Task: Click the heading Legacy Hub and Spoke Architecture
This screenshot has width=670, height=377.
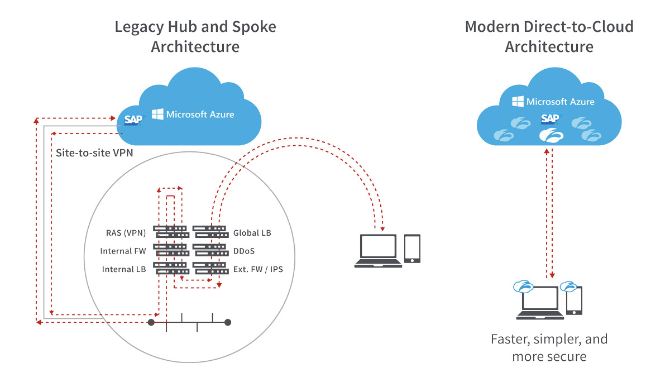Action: (x=195, y=36)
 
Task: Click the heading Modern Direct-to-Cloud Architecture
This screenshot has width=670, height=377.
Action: (x=549, y=36)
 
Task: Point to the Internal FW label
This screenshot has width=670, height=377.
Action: (x=123, y=251)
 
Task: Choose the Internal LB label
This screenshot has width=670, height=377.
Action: (x=124, y=269)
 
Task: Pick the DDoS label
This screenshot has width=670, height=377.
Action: (x=244, y=251)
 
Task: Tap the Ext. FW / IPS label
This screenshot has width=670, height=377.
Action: (x=259, y=269)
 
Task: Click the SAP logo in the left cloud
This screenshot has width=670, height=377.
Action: (x=133, y=118)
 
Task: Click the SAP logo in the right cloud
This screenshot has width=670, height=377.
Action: (x=550, y=118)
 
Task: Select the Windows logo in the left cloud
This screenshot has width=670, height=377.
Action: (x=157, y=114)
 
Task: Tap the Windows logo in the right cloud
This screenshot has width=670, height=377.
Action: (x=518, y=102)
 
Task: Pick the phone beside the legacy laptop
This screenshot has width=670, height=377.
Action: (x=412, y=249)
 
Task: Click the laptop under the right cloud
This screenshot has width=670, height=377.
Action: (x=539, y=302)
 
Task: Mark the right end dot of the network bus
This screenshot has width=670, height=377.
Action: (x=227, y=322)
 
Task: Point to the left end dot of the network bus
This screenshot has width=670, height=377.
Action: (x=151, y=322)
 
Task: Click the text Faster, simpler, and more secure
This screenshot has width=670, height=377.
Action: (x=549, y=347)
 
